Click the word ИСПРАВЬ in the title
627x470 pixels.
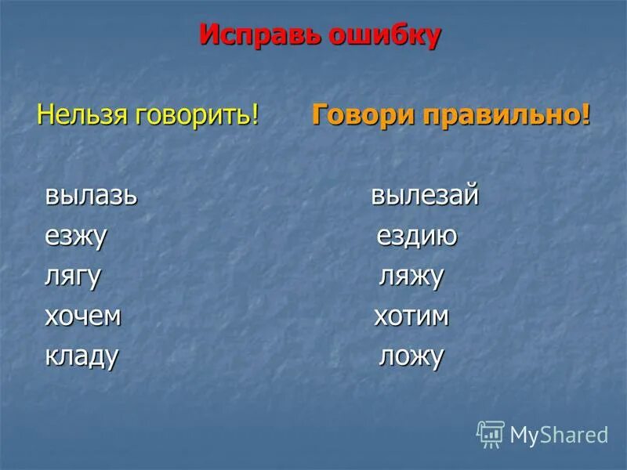[255, 35]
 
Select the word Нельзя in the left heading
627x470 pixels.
[83, 116]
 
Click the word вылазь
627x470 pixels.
[91, 195]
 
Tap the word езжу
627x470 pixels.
[75, 236]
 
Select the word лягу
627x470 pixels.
[73, 277]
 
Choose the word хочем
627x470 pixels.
[83, 316]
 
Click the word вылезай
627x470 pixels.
[424, 195]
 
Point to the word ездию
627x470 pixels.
[417, 236]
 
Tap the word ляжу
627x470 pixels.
[411, 277]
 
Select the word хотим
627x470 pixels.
[411, 316]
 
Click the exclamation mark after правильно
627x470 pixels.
[585, 116]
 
